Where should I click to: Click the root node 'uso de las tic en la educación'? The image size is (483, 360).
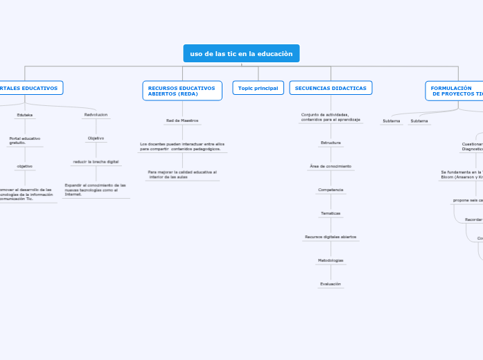[241, 53]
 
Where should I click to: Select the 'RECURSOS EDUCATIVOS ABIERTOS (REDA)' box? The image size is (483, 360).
[182, 91]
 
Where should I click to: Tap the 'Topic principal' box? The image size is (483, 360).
[258, 88]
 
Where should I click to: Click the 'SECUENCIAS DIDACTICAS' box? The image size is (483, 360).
[331, 88]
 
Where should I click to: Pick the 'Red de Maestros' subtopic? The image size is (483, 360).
[182, 120]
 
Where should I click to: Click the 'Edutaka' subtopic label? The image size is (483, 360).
[24, 115]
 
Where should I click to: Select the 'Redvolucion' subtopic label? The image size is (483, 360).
[96, 115]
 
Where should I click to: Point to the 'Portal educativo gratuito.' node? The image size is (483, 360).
[24, 141]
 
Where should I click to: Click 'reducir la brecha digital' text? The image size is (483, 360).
[96, 161]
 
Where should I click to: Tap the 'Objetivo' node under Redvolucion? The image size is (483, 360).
[96, 138]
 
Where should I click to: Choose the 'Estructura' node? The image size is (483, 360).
[331, 143]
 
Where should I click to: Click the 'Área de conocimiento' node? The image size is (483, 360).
[331, 166]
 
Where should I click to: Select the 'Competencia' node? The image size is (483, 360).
[331, 190]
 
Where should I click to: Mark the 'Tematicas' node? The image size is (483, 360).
[331, 213]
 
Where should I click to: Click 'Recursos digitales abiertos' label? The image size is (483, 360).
[331, 237]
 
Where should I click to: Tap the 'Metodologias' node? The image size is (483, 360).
[331, 260]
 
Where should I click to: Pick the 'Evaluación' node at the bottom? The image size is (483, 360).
[331, 284]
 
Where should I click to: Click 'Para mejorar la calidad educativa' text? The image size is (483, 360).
[182, 174]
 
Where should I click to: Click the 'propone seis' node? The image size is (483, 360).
[468, 200]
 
